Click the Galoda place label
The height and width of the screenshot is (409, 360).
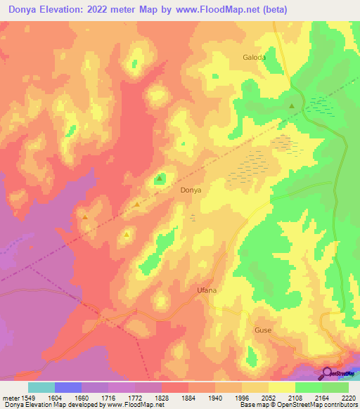point(254,58)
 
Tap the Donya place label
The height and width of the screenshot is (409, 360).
point(191,190)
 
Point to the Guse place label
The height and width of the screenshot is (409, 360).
point(263,330)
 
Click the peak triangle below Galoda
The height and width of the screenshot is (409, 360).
point(292,106)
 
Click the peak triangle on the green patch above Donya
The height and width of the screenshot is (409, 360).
point(160,178)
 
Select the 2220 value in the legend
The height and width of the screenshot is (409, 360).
point(349,396)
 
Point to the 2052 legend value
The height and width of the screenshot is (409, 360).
point(269,396)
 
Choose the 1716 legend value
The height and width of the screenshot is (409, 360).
point(109,396)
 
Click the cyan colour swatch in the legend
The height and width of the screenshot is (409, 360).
point(41,387)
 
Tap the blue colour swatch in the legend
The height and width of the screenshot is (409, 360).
point(68,387)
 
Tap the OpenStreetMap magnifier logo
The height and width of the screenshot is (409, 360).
point(328,372)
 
